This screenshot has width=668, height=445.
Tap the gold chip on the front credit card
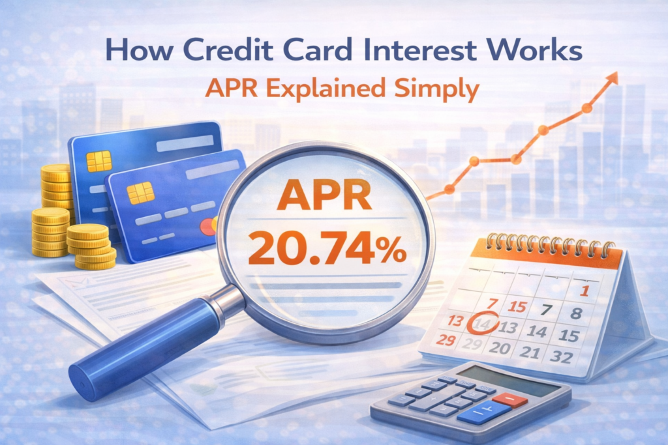tap(140, 193)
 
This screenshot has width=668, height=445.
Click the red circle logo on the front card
tap(208, 226)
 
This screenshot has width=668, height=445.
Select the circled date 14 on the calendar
tap(483, 324)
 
